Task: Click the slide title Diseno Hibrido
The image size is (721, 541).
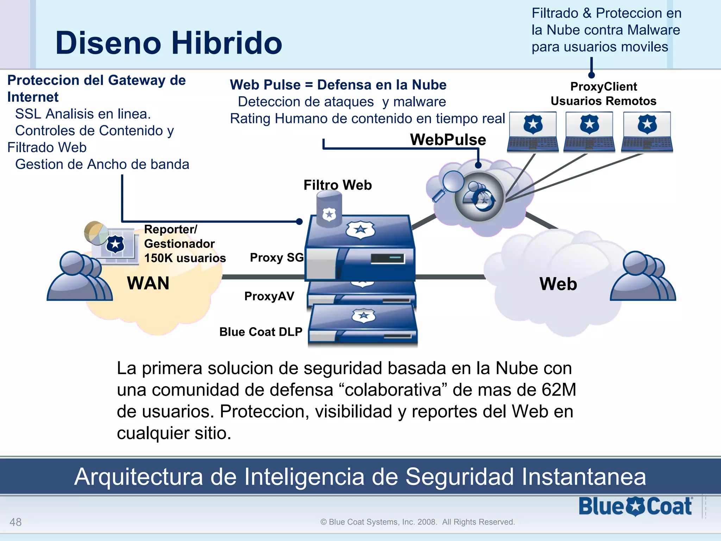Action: [169, 43]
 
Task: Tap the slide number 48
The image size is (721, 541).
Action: [15, 522]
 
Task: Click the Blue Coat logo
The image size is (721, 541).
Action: [635, 506]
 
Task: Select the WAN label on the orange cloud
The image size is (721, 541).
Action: [148, 283]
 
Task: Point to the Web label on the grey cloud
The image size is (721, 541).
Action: [558, 284]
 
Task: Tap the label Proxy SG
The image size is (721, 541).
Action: [276, 257]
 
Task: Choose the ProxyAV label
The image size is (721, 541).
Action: [269, 296]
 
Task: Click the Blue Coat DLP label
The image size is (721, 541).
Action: [261, 332]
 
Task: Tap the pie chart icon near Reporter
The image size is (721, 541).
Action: [95, 233]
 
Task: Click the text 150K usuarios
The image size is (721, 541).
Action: [185, 258]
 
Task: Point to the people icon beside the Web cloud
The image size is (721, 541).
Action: [642, 276]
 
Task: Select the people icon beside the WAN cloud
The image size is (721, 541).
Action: [80, 276]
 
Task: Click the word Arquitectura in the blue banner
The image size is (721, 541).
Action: [138, 477]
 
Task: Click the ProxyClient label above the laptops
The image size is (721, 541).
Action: [603, 87]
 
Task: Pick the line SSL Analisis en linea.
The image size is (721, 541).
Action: [83, 114]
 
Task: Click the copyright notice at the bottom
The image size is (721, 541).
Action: [418, 522]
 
